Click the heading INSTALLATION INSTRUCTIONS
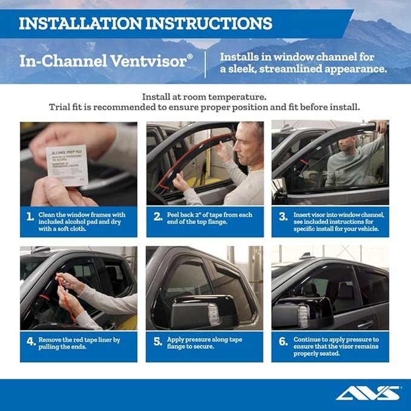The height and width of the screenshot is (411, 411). click(145, 24)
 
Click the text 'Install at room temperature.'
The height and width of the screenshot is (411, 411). click(205, 97)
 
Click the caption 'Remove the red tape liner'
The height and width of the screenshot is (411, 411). click(79, 340)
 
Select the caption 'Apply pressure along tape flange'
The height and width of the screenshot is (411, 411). click(205, 340)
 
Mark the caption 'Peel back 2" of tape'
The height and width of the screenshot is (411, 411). click(209, 215)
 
